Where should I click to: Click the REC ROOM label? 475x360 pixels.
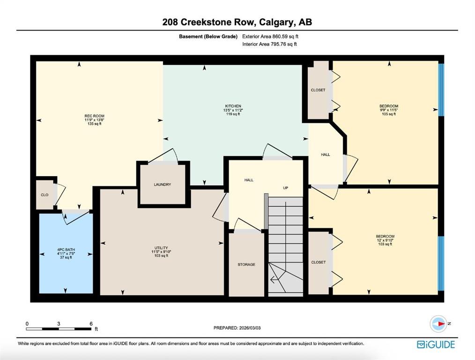[x=94, y=116]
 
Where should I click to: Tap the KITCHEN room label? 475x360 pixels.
[x=233, y=106]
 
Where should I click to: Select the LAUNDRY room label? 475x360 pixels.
[x=163, y=184]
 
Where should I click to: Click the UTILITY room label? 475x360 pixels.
[x=161, y=248]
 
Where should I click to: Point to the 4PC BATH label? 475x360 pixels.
[x=66, y=250]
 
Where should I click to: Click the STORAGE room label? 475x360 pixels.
[x=246, y=264]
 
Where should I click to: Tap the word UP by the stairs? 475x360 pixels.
[x=285, y=188]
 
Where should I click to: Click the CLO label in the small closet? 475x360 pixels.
[x=45, y=195]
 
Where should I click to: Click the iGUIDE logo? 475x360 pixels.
[x=436, y=345]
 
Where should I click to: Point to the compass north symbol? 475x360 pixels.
[x=438, y=323]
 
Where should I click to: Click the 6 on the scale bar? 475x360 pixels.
[x=91, y=323]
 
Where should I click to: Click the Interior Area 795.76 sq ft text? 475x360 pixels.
[x=269, y=44]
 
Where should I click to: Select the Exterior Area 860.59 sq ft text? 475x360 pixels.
[x=270, y=37]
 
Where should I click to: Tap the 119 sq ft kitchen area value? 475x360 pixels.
[x=233, y=114]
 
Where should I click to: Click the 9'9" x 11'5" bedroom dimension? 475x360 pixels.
[x=389, y=110]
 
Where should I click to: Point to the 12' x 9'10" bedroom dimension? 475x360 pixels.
[x=385, y=240]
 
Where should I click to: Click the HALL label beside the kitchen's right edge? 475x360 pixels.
[x=326, y=155]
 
